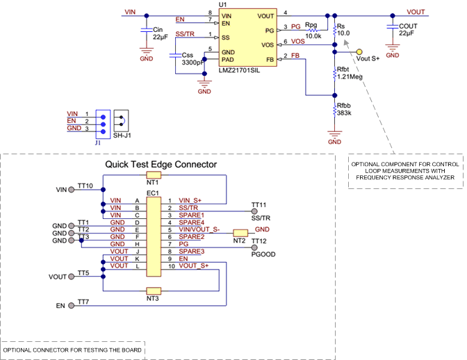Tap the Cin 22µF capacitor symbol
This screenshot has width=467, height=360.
pos(145,31)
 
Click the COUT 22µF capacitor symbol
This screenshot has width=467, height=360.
pos(393,31)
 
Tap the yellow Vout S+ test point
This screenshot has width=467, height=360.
pos(359,51)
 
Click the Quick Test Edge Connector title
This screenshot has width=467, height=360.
pos(161,165)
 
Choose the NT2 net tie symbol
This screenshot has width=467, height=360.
pos(240,232)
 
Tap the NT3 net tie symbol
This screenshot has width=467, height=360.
pos(153,290)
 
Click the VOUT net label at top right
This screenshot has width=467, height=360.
pos(416,12)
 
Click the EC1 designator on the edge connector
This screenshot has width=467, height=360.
pos(153,193)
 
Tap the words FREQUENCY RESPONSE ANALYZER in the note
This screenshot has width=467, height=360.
pos(405,178)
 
